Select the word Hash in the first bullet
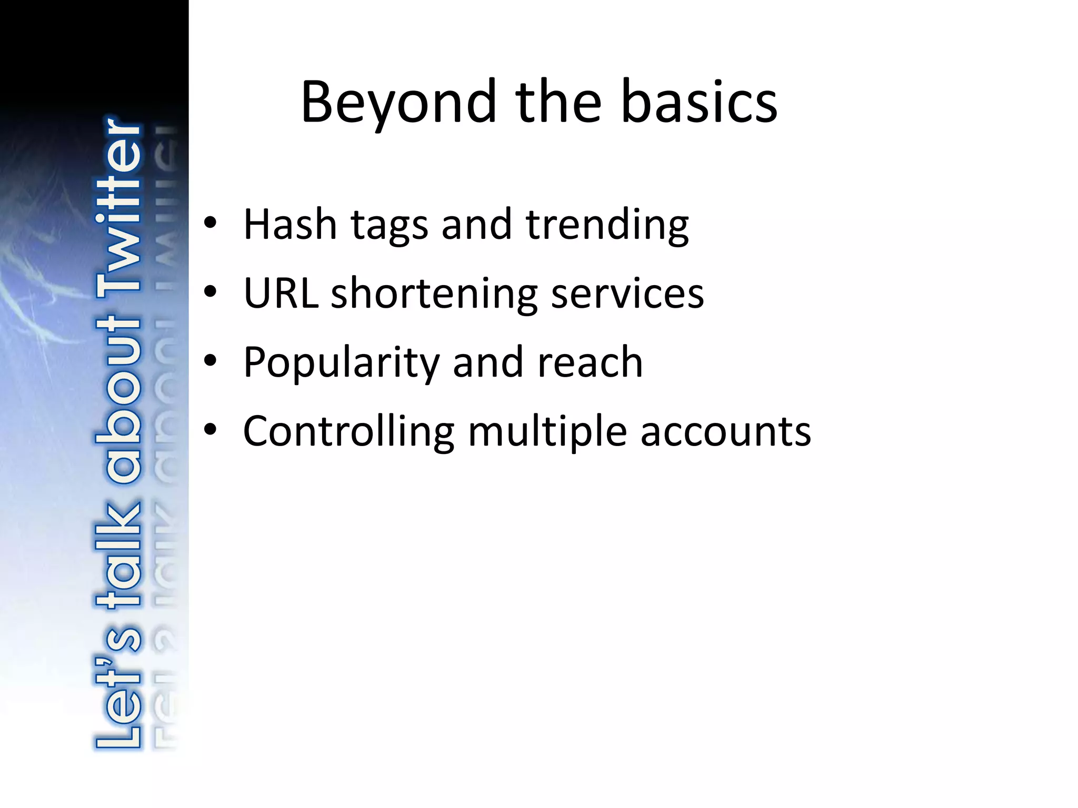point(290,225)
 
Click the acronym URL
point(281,293)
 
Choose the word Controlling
point(348,432)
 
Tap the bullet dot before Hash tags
point(211,224)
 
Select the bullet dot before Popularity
point(211,361)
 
